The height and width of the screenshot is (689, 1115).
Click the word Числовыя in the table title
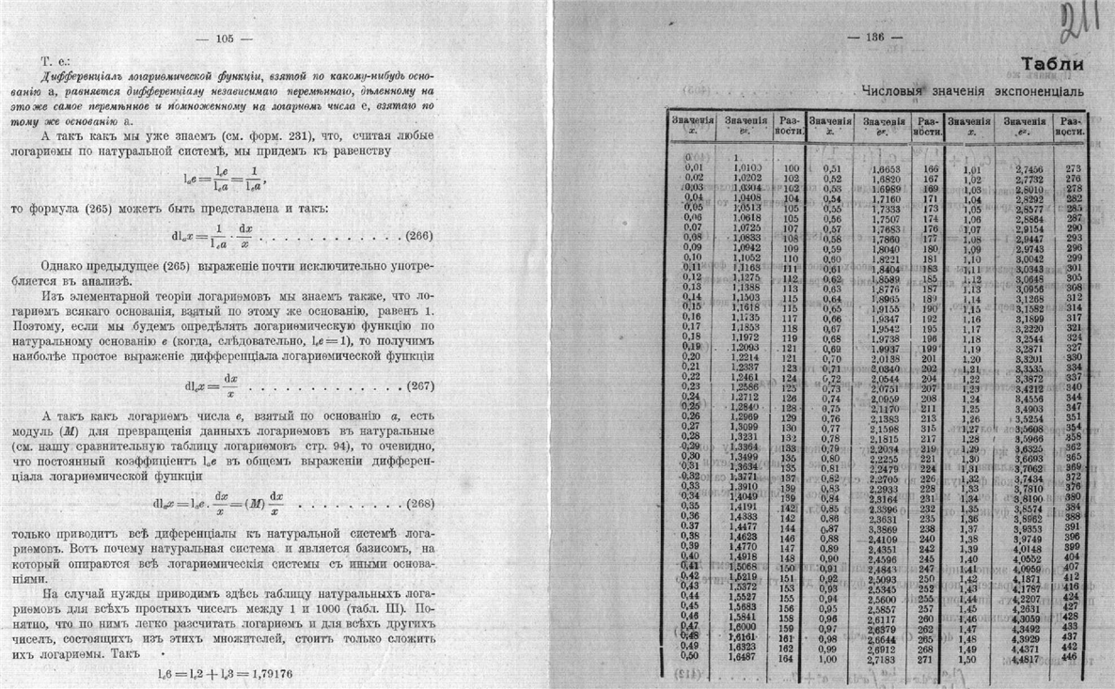[x=893, y=92]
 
